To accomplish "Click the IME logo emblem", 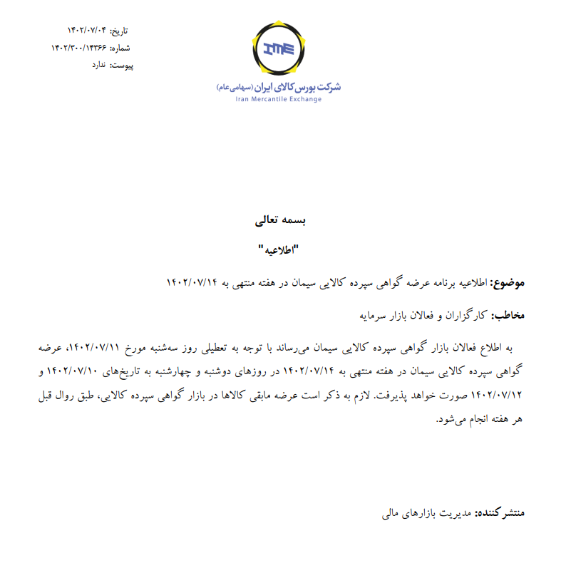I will (x=279, y=50).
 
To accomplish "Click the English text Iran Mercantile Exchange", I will (x=279, y=100).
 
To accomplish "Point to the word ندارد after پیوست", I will (x=98, y=65).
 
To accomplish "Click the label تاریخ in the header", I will (x=123, y=31).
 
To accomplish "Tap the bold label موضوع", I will (x=510, y=283).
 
